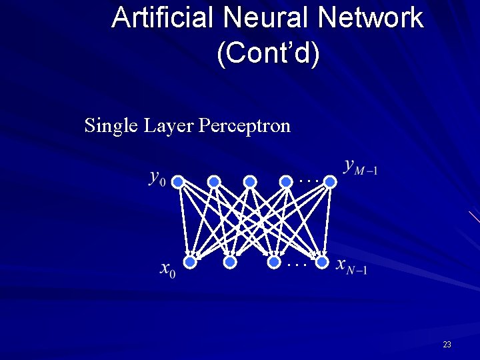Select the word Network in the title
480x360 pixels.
(371, 17)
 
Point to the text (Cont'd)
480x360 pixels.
(268, 54)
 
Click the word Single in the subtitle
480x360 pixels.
(111, 125)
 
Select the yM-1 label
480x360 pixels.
(361, 166)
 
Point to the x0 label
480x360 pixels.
(168, 269)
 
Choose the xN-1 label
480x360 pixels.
(351, 267)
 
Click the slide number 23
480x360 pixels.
(447, 345)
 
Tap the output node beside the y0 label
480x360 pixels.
(177, 181)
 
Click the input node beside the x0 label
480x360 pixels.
(190, 263)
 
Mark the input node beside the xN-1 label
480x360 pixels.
(322, 263)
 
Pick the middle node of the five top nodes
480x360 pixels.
(250, 181)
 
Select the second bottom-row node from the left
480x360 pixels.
(230, 263)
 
